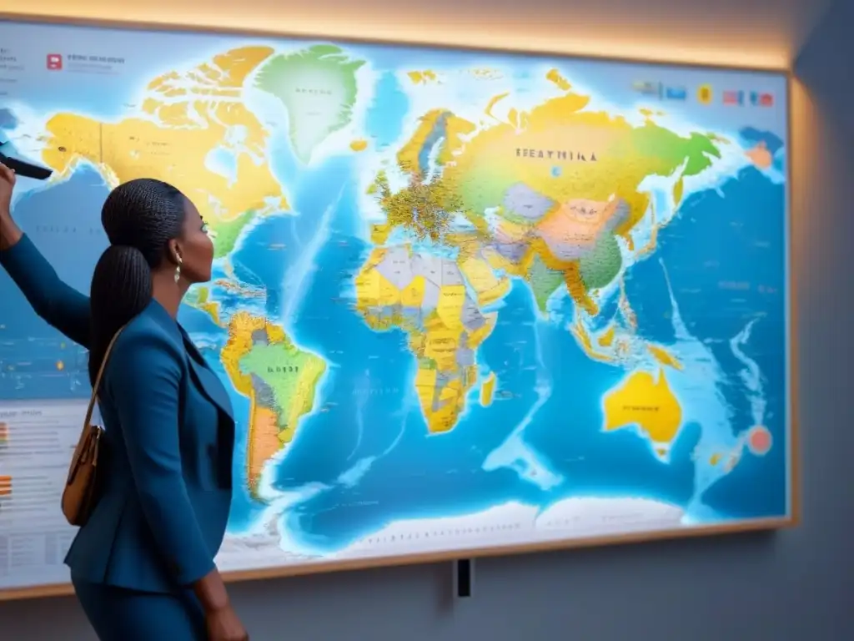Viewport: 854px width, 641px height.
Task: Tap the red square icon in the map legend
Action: [x=54, y=61]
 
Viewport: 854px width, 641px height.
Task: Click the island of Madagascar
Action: [x=488, y=389]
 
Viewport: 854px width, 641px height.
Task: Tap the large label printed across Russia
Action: [x=555, y=155]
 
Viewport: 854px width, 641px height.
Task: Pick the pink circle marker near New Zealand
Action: [x=759, y=440]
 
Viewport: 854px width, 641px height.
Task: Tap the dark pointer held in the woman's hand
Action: [x=25, y=166]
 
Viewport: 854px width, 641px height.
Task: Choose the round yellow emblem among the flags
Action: [x=705, y=93]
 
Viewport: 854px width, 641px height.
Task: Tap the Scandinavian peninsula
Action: [x=430, y=146]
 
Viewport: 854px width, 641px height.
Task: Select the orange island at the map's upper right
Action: [x=759, y=155]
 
